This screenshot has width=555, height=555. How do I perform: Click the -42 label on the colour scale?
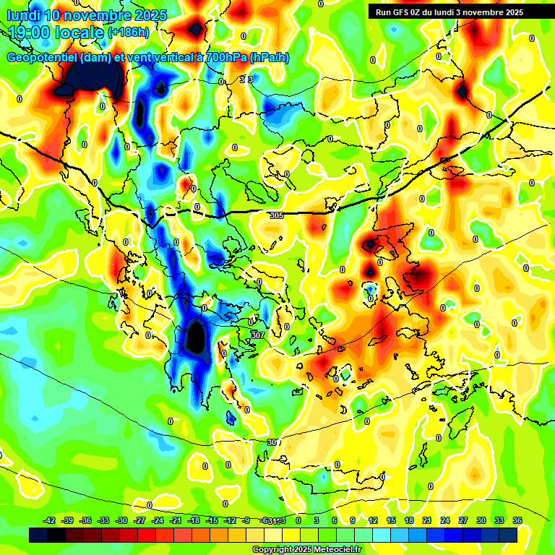click(x=50, y=520)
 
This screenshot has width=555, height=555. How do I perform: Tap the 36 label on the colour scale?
click(x=517, y=520)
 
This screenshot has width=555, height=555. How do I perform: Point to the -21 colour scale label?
click(x=175, y=520)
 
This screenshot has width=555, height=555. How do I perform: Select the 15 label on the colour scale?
click(x=391, y=520)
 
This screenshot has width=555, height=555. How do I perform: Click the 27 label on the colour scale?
click(x=462, y=520)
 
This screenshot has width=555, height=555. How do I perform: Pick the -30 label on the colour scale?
click(x=121, y=520)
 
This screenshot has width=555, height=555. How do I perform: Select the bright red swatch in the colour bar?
click(x=147, y=535)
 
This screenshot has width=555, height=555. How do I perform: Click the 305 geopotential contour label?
click(x=276, y=215)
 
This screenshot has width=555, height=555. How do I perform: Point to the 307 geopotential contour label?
click(x=258, y=335)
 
